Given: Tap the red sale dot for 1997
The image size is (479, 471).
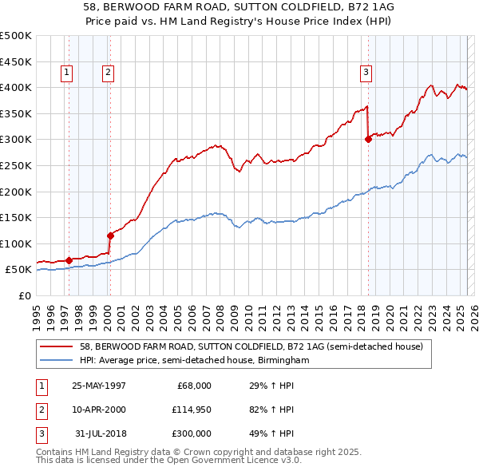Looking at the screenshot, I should click(69, 259).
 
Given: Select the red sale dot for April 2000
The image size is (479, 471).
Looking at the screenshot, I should click(110, 235).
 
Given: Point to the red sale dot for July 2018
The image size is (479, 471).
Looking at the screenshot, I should click(368, 139).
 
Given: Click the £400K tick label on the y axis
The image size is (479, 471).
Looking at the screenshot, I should click(16, 87).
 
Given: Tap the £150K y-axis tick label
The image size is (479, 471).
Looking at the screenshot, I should click(16, 217).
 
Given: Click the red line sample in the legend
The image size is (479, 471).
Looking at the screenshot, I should click(57, 346).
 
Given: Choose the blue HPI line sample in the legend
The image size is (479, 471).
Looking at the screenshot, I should click(57, 360).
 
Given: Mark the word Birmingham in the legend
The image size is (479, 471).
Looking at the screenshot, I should click(283, 360).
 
